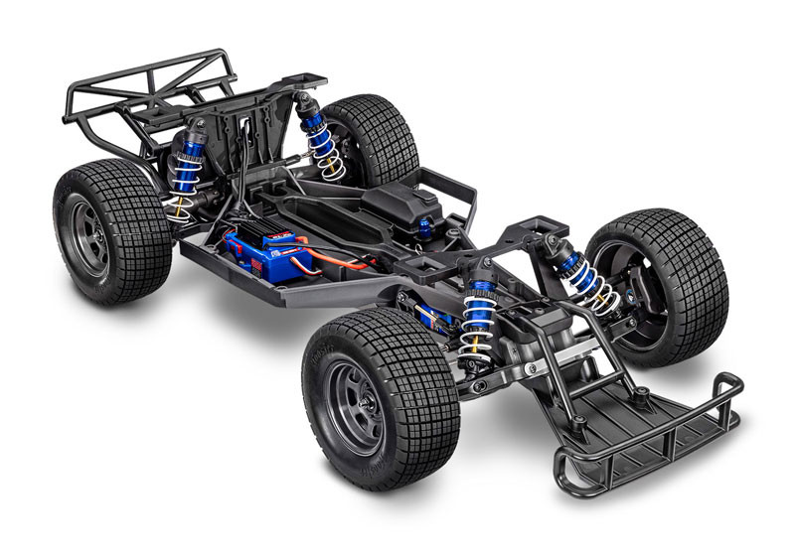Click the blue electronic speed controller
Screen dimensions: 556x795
(x=260, y=254)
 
